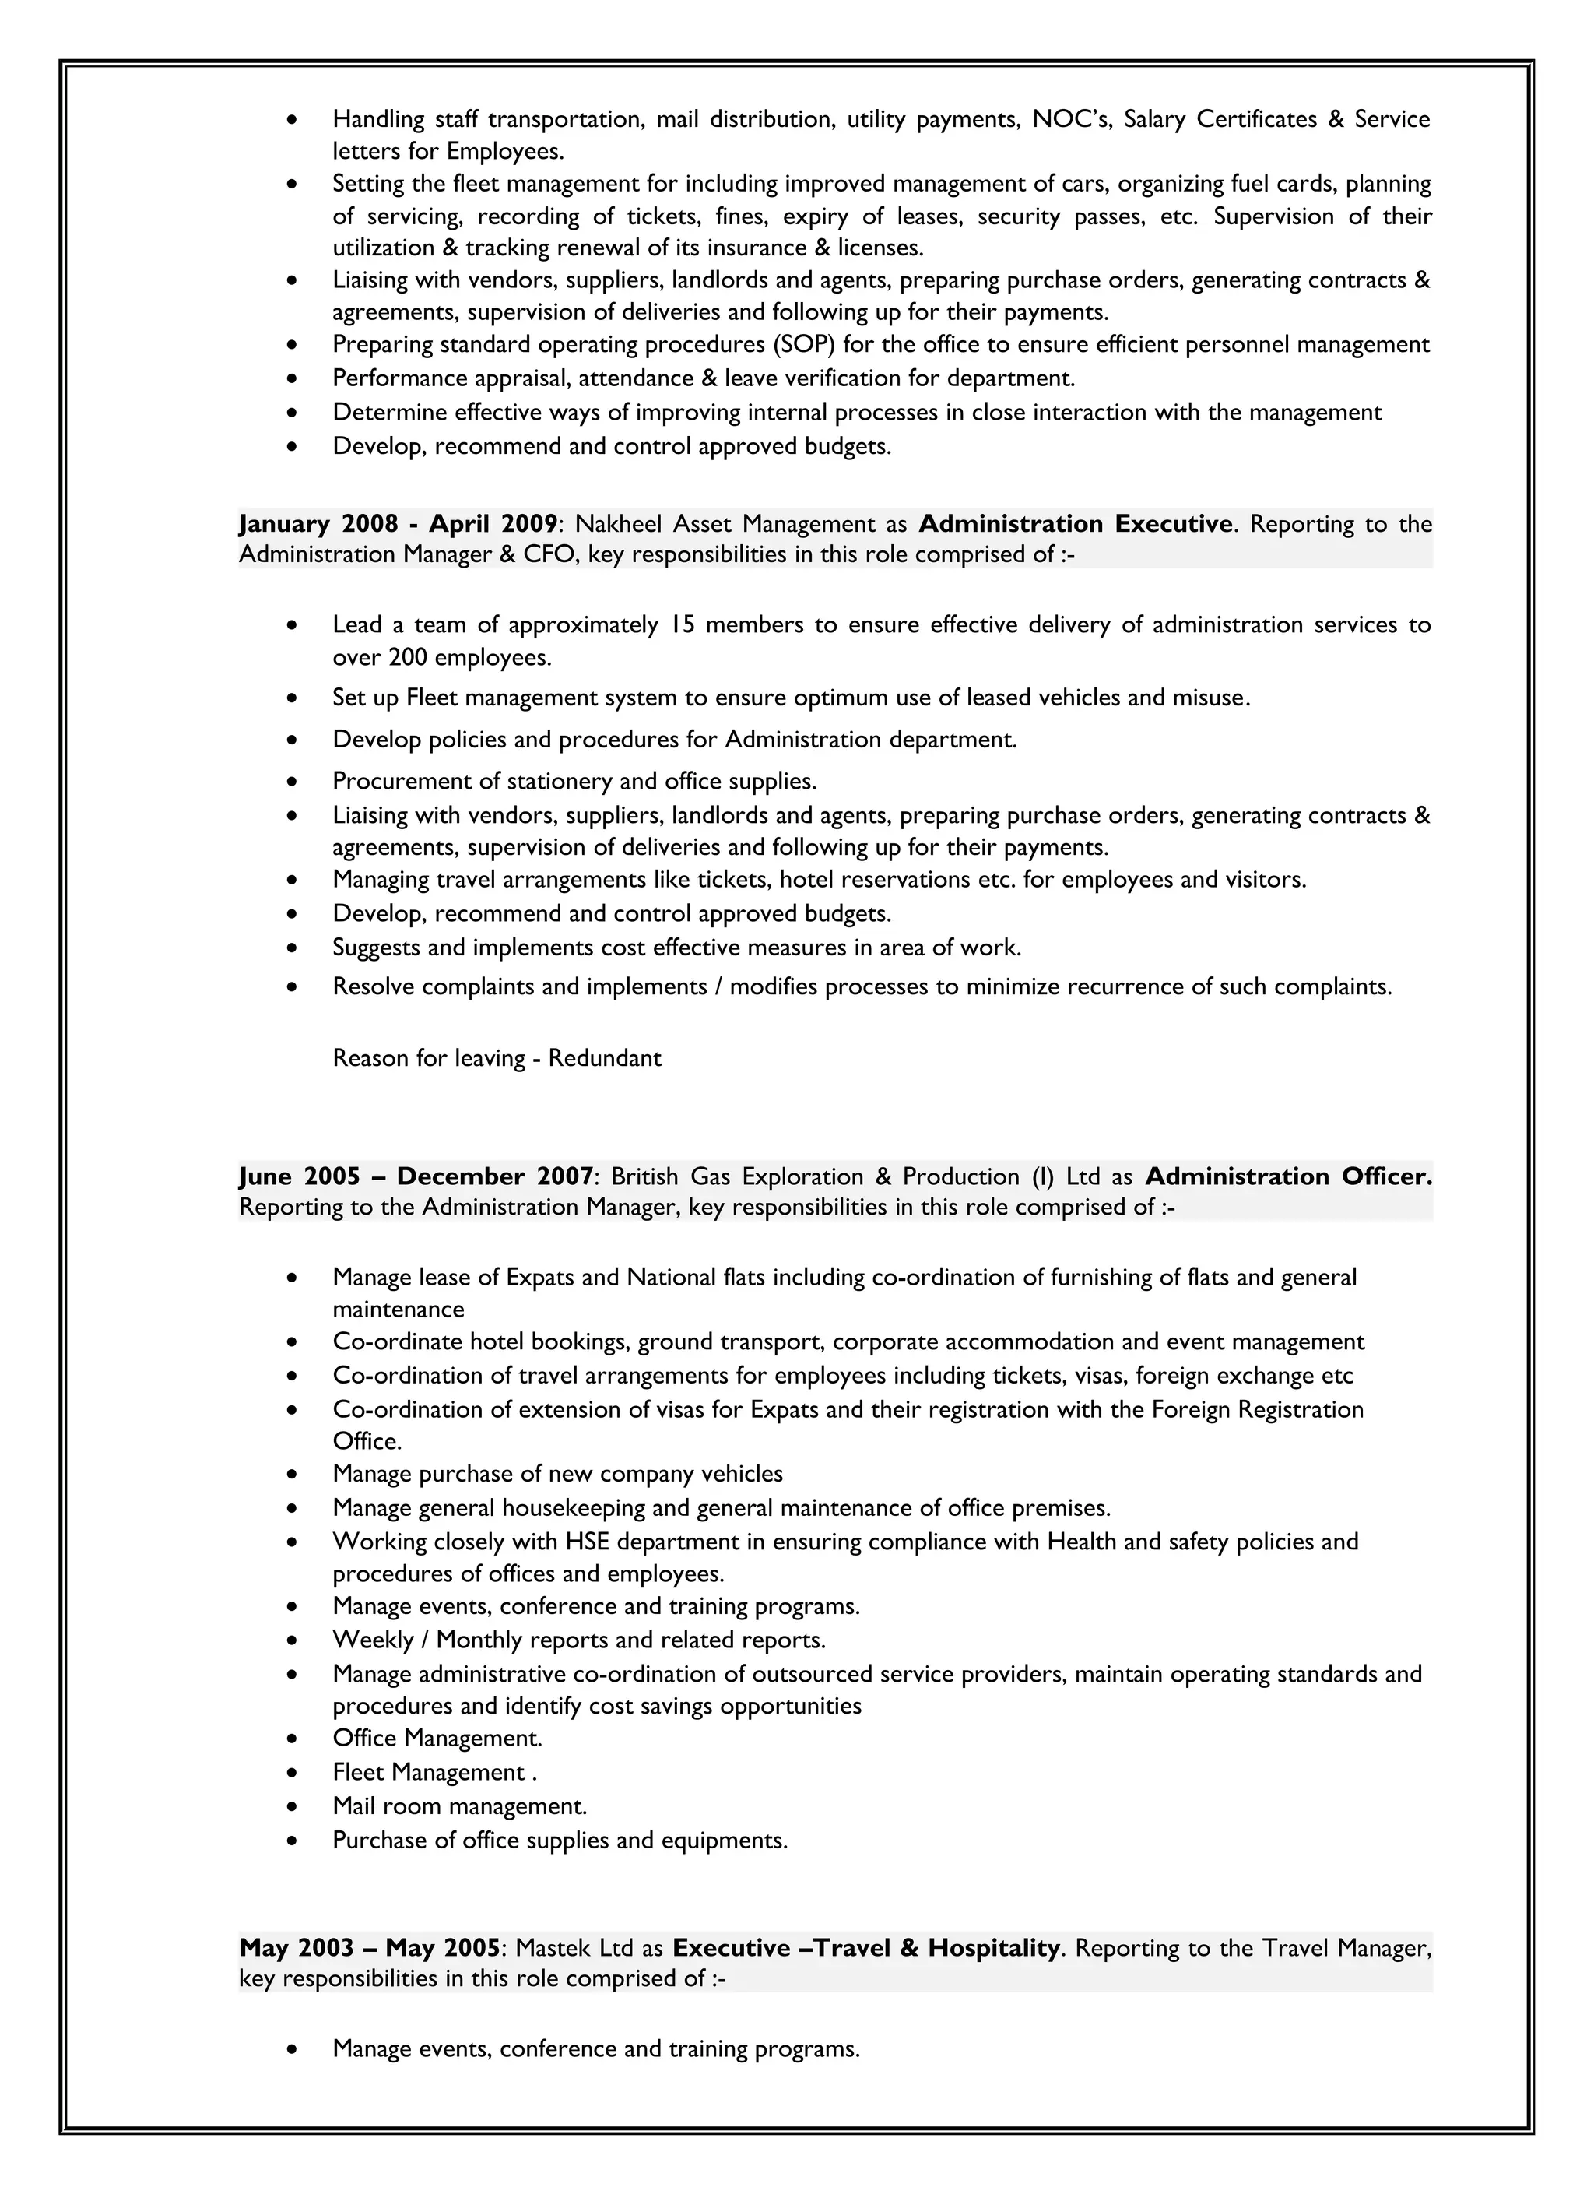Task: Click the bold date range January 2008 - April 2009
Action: coord(398,524)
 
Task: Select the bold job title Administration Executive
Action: coord(1076,524)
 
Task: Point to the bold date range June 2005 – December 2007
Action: coord(416,1176)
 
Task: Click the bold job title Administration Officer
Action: coord(1288,1176)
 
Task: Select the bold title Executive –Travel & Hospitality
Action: coord(866,1947)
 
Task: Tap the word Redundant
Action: coord(605,1058)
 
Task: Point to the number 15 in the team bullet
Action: coord(682,625)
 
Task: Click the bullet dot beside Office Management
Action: coord(292,1739)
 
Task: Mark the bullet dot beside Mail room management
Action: coord(292,1806)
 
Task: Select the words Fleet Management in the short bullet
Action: coord(429,1772)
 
